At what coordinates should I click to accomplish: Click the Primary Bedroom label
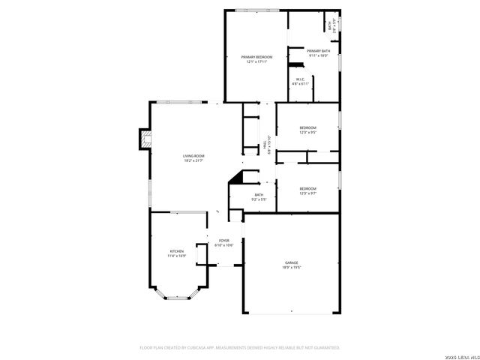(256, 57)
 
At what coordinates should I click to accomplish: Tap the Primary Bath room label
(318, 51)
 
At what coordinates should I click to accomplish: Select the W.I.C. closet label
(299, 79)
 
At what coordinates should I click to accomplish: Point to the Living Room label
(193, 155)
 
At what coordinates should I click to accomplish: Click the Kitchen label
(176, 251)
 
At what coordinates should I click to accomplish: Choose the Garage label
(291, 262)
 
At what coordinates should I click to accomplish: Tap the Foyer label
(224, 241)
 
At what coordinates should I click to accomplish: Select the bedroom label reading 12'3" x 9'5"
(307, 132)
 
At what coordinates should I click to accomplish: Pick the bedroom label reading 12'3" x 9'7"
(307, 193)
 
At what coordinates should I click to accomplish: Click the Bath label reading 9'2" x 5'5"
(259, 199)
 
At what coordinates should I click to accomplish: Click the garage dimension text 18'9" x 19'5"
(291, 268)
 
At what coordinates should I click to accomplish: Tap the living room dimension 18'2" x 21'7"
(193, 160)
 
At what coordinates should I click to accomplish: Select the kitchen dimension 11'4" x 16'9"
(176, 256)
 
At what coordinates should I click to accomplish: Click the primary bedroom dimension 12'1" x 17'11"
(256, 62)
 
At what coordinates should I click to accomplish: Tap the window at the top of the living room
(181, 101)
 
